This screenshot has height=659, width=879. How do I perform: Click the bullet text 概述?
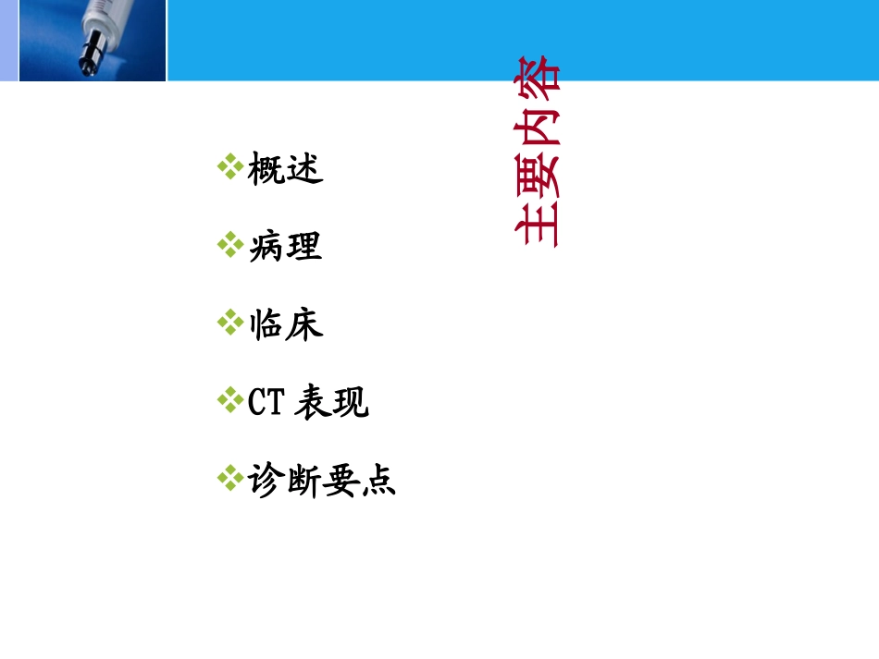[286, 170]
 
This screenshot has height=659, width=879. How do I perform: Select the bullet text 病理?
[286, 248]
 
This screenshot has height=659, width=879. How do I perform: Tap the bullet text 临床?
[286, 325]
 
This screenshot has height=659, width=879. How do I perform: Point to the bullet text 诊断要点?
[322, 481]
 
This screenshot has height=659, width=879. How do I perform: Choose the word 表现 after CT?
[331, 403]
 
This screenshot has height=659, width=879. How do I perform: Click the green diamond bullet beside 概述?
[229, 167]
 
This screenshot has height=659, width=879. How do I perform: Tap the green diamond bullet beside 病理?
[229, 245]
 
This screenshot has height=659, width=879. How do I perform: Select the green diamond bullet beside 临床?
[229, 323]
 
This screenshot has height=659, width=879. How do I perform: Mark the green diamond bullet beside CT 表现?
[229, 400]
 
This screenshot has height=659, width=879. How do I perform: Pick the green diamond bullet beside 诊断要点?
[229, 478]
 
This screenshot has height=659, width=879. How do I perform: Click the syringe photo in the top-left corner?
[93, 41]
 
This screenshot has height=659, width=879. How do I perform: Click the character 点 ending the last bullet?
[378, 481]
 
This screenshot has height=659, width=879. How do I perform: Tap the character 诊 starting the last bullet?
[266, 481]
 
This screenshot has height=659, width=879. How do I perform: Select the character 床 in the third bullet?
[304, 325]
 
